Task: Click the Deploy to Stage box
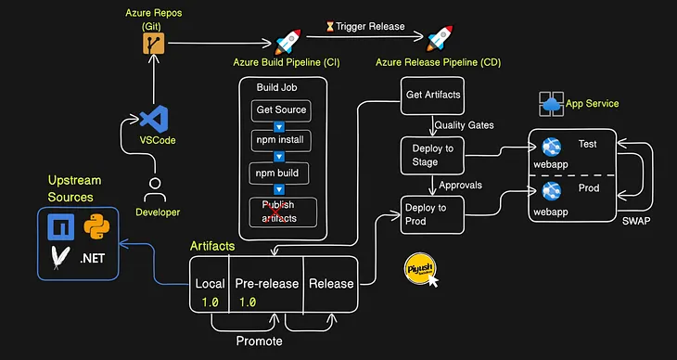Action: point(431,154)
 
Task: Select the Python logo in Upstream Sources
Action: point(99,226)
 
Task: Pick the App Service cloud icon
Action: point(553,104)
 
